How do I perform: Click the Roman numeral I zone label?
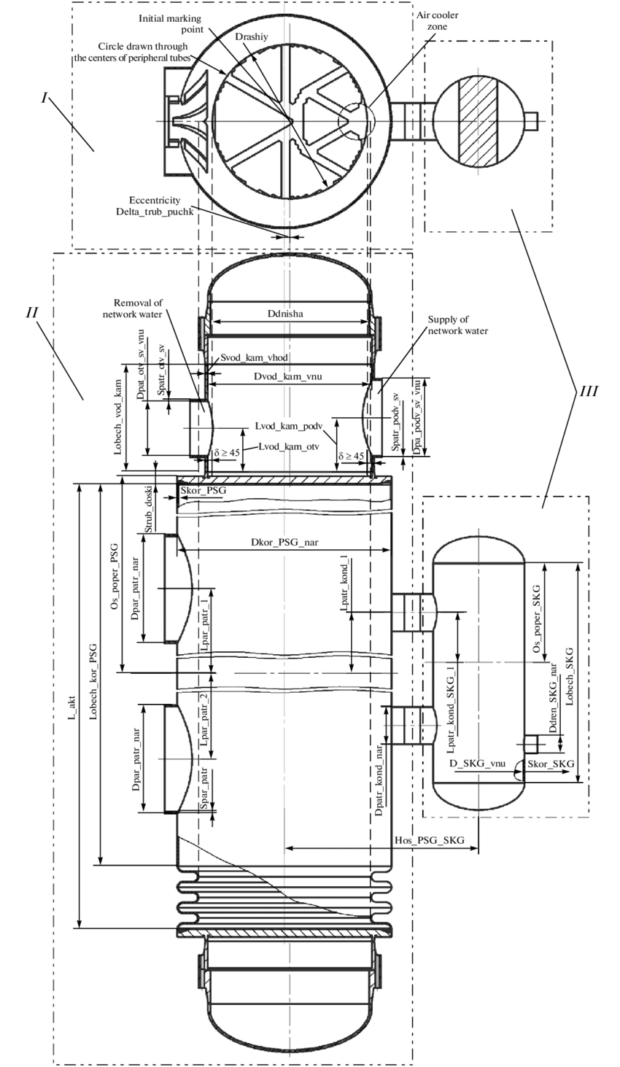[x=45, y=98]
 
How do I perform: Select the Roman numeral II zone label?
[x=32, y=312]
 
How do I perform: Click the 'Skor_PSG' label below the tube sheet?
[x=203, y=492]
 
